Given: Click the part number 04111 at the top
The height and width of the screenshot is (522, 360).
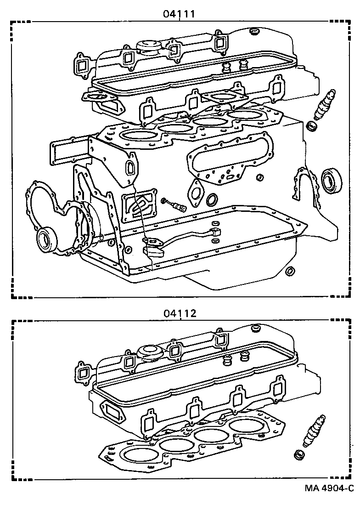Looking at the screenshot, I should tap(179, 14).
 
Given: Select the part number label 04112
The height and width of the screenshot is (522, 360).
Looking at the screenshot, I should tap(179, 313).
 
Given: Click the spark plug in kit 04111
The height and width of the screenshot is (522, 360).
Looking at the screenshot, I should tap(323, 106).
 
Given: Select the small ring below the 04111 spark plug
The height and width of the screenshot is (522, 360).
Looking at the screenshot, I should tap(311, 126).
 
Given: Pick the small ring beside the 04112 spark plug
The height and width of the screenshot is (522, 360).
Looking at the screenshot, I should tap(299, 455).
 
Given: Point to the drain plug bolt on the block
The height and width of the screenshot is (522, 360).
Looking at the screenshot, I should tap(177, 205).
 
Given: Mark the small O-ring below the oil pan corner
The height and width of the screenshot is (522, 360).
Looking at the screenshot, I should tap(289, 271).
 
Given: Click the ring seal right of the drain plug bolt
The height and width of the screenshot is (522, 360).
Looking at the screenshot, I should tap(212, 200).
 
